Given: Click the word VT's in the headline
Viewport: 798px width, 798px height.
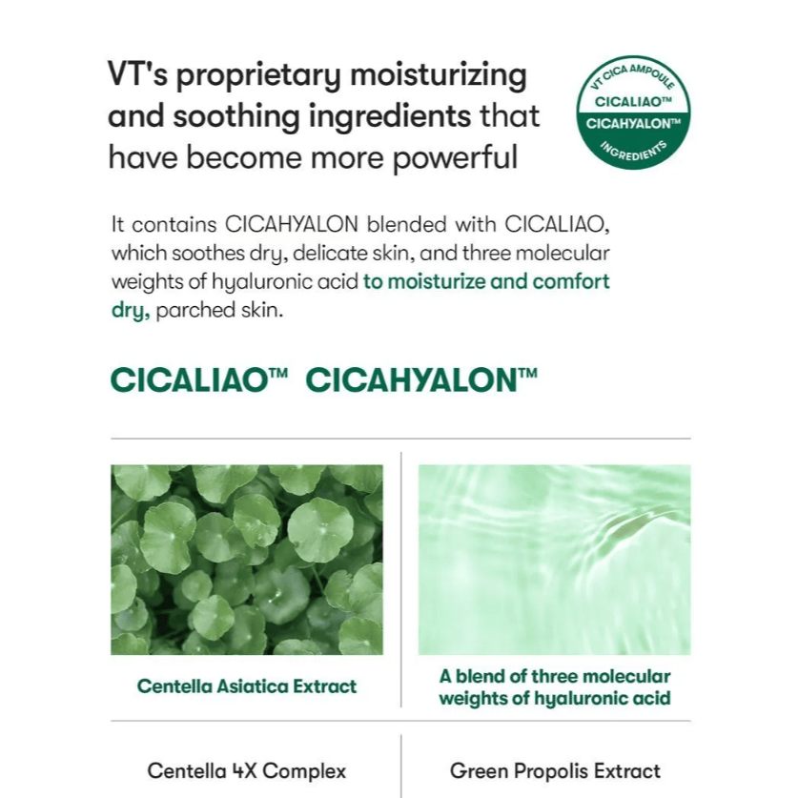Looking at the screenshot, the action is pyautogui.click(x=137, y=74).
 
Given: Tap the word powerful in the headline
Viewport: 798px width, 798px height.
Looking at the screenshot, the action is pyautogui.click(x=456, y=156).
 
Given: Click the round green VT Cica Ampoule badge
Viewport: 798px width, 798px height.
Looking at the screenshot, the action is pyautogui.click(x=633, y=113).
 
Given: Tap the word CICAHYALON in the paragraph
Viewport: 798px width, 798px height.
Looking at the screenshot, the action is pyautogui.click(x=292, y=224).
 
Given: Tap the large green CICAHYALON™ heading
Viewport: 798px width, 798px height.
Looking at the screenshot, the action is pyautogui.click(x=421, y=380).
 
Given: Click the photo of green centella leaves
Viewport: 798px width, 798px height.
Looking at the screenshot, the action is pyautogui.click(x=247, y=560).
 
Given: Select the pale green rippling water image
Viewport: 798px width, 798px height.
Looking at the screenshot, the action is pyautogui.click(x=554, y=560).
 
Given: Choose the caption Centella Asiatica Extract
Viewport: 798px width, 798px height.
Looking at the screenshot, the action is pyautogui.click(x=247, y=686).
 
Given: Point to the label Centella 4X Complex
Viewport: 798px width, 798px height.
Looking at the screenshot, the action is pyautogui.click(x=247, y=771).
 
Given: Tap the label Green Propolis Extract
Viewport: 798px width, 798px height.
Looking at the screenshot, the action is pyautogui.click(x=555, y=771).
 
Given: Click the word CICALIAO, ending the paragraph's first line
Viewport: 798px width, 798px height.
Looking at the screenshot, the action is pyautogui.click(x=557, y=224).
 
